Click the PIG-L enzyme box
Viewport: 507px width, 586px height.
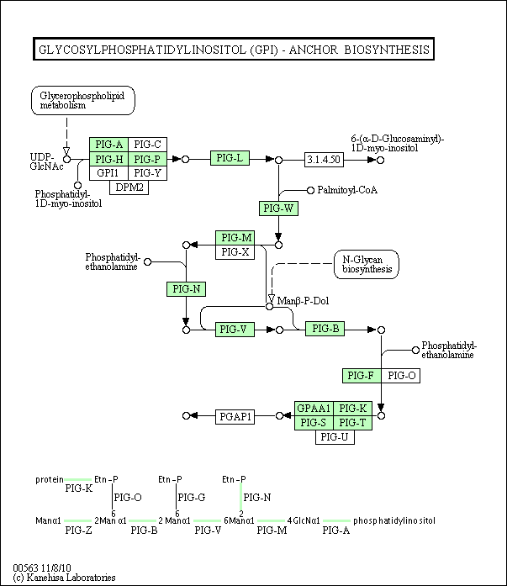(x=230, y=158)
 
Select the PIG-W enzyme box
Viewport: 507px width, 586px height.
(x=278, y=209)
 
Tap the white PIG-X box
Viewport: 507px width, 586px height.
(x=235, y=252)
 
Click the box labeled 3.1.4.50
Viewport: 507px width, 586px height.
(x=324, y=160)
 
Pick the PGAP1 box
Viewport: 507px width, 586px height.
(x=235, y=417)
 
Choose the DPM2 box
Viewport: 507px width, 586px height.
(x=129, y=187)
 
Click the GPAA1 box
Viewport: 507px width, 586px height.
(x=314, y=409)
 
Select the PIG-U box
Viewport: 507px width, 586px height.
(x=335, y=437)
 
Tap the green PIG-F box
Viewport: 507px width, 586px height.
(x=362, y=376)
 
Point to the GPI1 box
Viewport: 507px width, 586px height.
(x=108, y=173)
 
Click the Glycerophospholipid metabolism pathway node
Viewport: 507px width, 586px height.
(x=83, y=100)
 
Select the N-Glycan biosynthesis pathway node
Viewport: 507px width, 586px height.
(x=366, y=265)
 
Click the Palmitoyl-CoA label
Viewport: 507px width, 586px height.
(x=347, y=190)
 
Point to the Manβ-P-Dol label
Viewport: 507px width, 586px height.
(x=303, y=301)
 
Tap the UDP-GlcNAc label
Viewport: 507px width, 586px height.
(x=46, y=161)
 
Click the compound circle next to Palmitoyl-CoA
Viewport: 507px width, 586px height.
(x=310, y=191)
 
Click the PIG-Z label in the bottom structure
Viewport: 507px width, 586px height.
(x=78, y=530)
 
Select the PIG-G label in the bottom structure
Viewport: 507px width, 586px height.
(x=192, y=498)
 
